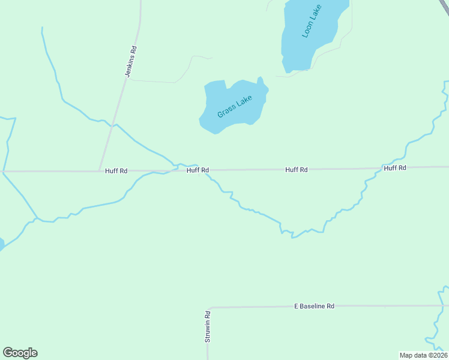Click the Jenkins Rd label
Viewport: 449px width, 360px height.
coord(131,61)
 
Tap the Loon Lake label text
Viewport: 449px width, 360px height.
coord(312,22)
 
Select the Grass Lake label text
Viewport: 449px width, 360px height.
coord(234,106)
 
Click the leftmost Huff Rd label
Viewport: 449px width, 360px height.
coord(116,171)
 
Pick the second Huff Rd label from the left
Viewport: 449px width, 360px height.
coord(197,170)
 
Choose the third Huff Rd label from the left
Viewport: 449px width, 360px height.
coord(297,170)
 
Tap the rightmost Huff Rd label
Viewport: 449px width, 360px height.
coord(395,168)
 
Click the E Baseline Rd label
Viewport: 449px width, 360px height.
coord(314,306)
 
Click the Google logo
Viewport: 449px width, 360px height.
coord(20,353)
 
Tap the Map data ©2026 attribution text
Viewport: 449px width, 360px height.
coord(423,355)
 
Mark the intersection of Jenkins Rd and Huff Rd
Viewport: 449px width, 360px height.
coord(100,171)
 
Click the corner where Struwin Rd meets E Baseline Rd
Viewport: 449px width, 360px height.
coord(210,308)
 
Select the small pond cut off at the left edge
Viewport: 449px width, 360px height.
coord(1,244)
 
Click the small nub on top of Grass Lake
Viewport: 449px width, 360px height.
coord(260,80)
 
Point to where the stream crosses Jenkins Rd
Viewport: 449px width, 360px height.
coord(112,125)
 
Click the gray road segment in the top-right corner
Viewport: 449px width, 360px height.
coord(445,3)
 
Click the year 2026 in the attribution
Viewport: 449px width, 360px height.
coord(439,355)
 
